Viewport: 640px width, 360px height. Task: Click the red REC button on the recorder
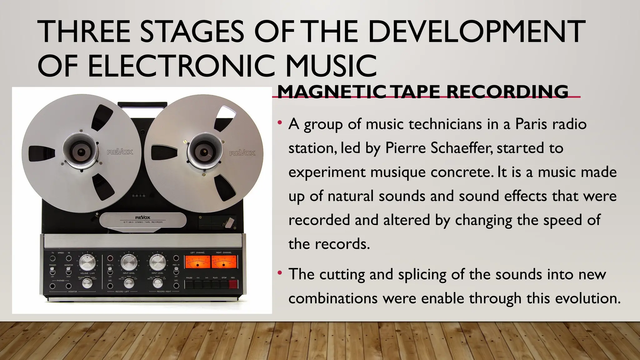pyautogui.click(x=233, y=284)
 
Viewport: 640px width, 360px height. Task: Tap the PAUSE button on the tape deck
pyautogui.click(x=189, y=284)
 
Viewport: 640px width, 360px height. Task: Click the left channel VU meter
pyautogui.click(x=197, y=262)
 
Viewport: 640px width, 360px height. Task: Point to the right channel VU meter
pyautogui.click(x=224, y=262)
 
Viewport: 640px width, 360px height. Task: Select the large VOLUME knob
pyautogui.click(x=87, y=262)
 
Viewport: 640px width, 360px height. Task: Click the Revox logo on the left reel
pyautogui.click(x=120, y=152)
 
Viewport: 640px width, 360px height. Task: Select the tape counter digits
pyautogui.click(x=138, y=196)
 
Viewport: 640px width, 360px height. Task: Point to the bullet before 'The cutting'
pyautogui.click(x=280, y=273)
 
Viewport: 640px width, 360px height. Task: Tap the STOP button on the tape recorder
pyautogui.click(x=224, y=284)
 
